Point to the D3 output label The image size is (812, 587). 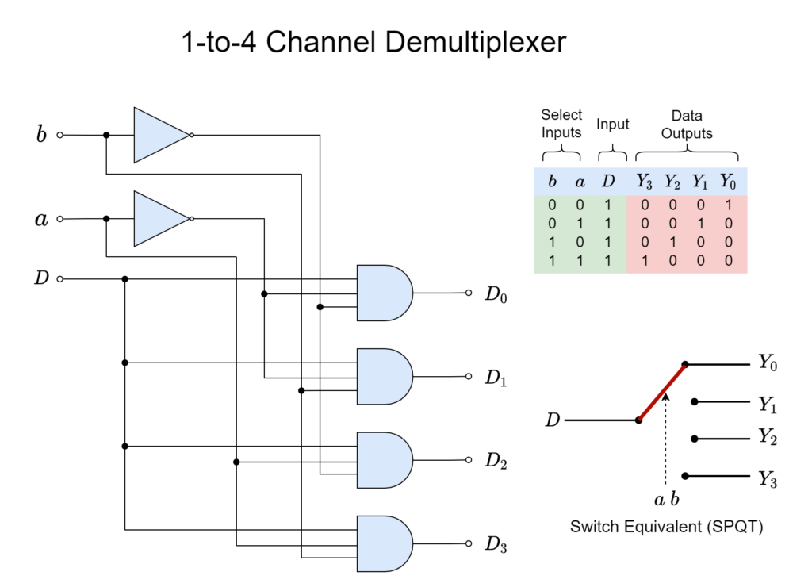click(x=496, y=544)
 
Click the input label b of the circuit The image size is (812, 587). click(x=41, y=134)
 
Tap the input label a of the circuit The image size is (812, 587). click(x=41, y=219)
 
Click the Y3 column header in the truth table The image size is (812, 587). click(x=644, y=182)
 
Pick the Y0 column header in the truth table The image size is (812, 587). click(x=728, y=182)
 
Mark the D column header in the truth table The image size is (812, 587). click(x=608, y=181)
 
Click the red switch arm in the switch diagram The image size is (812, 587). click(x=662, y=392)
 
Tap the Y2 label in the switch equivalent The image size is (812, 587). click(x=768, y=437)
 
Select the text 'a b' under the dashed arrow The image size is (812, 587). click(x=666, y=499)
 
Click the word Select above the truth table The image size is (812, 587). click(x=561, y=114)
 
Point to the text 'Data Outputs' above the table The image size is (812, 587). click(x=687, y=125)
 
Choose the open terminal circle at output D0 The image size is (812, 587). click(x=469, y=293)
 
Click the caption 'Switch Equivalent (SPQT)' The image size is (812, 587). click(x=666, y=527)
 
